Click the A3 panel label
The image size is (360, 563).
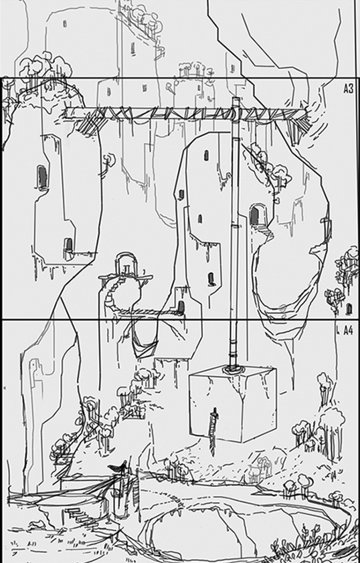(348, 89)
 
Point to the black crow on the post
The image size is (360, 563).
(118, 467)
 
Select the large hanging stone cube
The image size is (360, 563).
(232, 405)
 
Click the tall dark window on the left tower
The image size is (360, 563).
(42, 177)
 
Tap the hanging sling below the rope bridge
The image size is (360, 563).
(144, 345)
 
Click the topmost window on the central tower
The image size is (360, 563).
(206, 155)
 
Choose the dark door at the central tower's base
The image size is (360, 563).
(181, 307)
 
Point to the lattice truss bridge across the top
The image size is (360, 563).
(187, 115)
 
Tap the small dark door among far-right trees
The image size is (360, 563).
(349, 309)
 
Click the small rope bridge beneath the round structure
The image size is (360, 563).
(147, 312)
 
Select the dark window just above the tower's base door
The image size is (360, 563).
(211, 278)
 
